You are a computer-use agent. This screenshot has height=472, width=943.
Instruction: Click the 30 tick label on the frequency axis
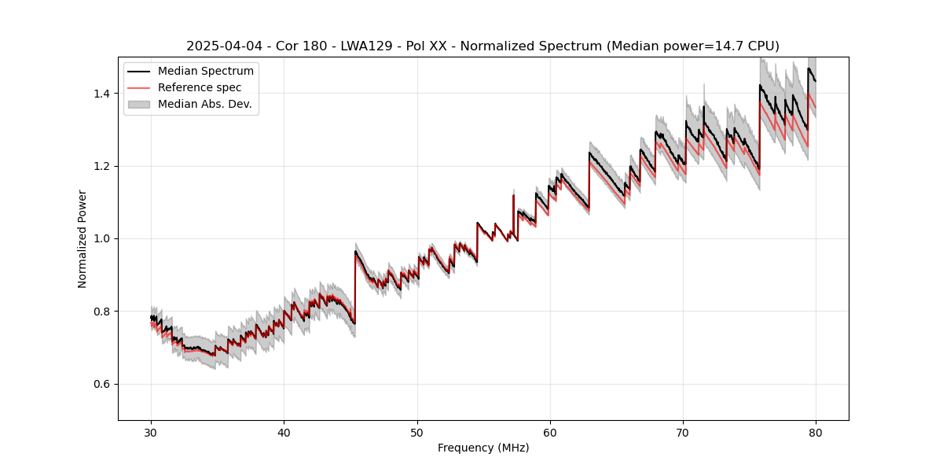coord(151,432)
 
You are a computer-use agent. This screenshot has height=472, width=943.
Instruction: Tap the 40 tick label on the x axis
coord(284,432)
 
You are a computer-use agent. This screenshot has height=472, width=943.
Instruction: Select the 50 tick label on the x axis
coord(417,432)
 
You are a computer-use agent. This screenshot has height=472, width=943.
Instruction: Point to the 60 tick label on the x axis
coord(550,432)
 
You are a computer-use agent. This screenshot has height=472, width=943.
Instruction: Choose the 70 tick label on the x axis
coord(683,432)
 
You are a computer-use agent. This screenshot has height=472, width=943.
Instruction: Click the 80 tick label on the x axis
coord(816,432)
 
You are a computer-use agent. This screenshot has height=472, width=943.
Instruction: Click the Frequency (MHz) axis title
coord(483,448)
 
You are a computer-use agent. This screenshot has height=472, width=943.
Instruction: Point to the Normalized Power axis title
coord(83,238)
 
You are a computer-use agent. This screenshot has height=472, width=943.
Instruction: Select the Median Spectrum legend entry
coord(205,72)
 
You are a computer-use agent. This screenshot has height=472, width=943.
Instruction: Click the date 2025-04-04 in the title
coord(220,46)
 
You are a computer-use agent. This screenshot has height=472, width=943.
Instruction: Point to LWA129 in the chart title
coord(364,46)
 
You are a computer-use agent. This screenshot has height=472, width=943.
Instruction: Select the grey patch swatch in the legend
coord(139,104)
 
